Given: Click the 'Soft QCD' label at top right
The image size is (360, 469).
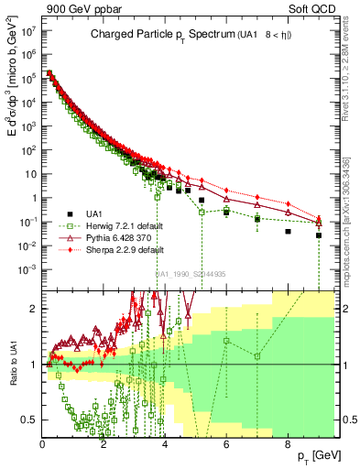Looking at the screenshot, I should pyautogui.click(x=318, y=10).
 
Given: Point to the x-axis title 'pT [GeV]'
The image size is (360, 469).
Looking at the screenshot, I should pyautogui.click(x=314, y=455).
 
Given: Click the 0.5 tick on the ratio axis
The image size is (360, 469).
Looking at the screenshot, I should pyautogui.click(x=30, y=420).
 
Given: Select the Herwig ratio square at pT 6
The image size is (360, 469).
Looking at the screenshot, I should pyautogui.click(x=226, y=341).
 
